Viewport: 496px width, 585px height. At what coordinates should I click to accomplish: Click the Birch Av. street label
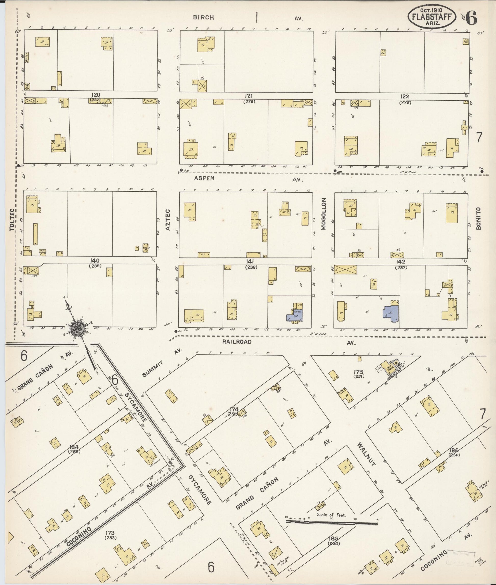(x=203, y=17)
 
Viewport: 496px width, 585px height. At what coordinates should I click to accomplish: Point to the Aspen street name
(x=204, y=178)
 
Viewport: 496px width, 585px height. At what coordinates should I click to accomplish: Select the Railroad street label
(x=237, y=342)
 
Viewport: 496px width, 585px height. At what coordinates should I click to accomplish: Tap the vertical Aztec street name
(x=168, y=220)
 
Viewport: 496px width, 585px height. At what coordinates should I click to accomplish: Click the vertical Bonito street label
(x=479, y=219)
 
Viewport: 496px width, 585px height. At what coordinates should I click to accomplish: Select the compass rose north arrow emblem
(x=77, y=328)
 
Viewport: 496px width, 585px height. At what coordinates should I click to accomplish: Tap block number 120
(x=96, y=95)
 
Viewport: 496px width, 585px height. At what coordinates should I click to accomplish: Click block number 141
(x=250, y=262)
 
